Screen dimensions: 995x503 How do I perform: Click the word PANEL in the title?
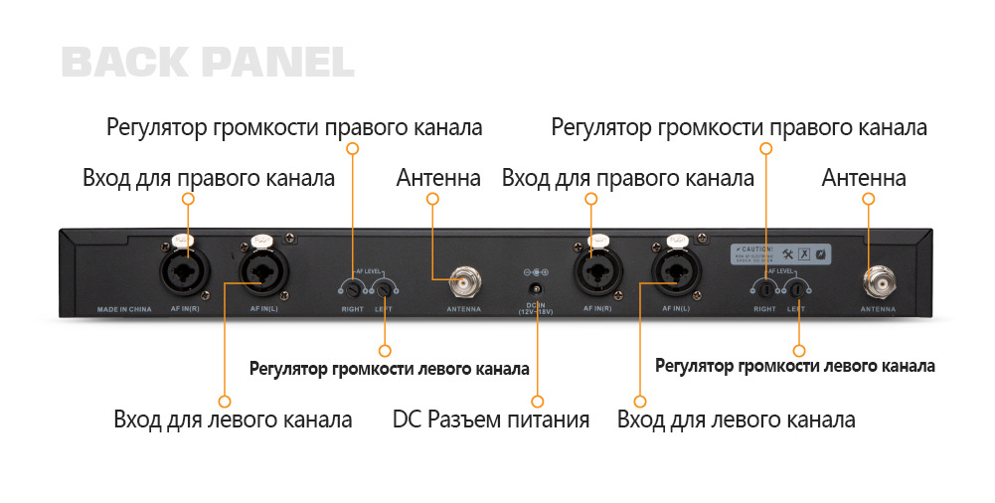[x=276, y=62]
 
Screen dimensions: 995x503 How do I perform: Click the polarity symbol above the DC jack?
[x=536, y=271]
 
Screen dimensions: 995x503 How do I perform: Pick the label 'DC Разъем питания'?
[x=491, y=419]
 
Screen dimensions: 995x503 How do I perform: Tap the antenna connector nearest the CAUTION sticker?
[x=878, y=282]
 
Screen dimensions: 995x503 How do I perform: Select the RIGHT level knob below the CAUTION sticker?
[x=764, y=289]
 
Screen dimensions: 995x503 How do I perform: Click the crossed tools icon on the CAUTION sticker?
[x=787, y=252]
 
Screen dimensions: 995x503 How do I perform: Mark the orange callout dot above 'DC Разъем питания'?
[x=537, y=401]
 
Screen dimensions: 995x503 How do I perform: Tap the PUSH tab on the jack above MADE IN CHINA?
[x=184, y=239]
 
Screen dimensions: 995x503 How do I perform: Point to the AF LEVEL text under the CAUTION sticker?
[x=781, y=270]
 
